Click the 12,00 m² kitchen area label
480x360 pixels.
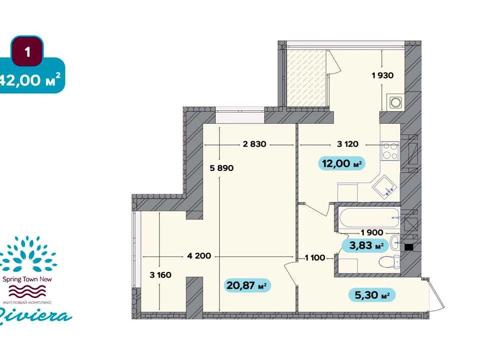pyautogui.click(x=342, y=163)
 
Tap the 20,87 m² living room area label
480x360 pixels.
pyautogui.click(x=247, y=285)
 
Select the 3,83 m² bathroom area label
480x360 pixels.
pyautogui.click(x=365, y=245)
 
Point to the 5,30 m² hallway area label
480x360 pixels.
pyautogui.click(x=372, y=295)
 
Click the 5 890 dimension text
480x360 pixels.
pyautogui.click(x=221, y=168)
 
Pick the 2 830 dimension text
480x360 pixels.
pyautogui.click(x=254, y=144)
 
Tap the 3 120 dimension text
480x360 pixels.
pyautogui.click(x=347, y=144)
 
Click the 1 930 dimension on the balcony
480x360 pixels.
pyautogui.click(x=382, y=75)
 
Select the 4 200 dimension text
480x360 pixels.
pyautogui.click(x=199, y=255)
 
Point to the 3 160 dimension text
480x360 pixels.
pyautogui.click(x=160, y=275)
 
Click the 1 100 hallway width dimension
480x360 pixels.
pyautogui.click(x=314, y=258)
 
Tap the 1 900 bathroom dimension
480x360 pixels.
pyautogui.click(x=372, y=232)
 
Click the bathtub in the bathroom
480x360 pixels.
pyautogui.click(x=369, y=217)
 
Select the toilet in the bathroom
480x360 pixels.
pyautogui.click(x=389, y=261)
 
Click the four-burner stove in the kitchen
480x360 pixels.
pyautogui.click(x=390, y=151)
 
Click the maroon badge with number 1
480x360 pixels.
pyautogui.click(x=27, y=51)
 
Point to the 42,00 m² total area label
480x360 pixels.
pyautogui.click(x=30, y=80)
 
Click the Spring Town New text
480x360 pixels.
pyautogui.click(x=27, y=279)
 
